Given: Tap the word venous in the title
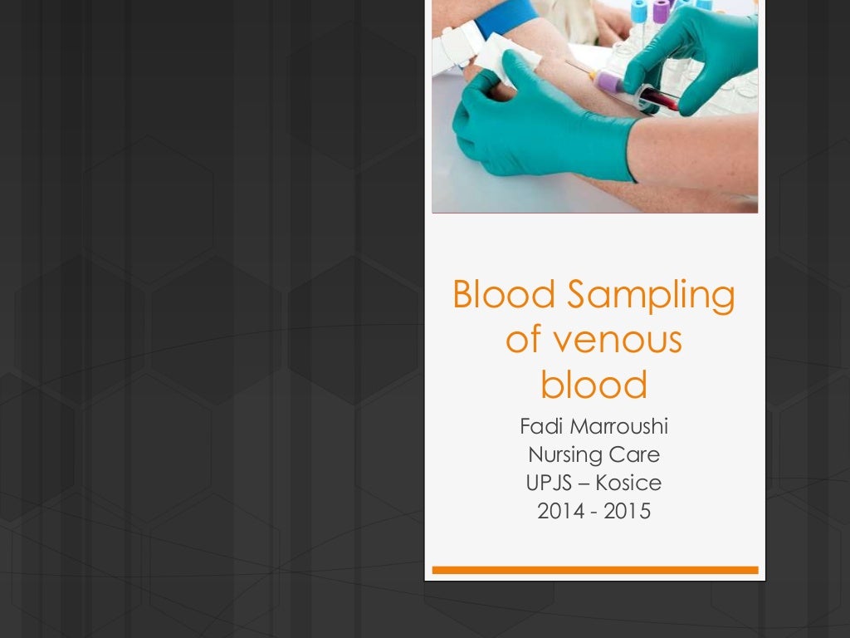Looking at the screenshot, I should click(618, 341).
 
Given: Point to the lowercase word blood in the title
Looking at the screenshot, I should click(594, 385).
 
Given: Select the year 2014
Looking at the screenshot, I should click(555, 511).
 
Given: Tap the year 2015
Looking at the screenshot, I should click(628, 511).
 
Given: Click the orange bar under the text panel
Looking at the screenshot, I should click(594, 570).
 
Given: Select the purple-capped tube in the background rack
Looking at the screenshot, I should click(661, 12).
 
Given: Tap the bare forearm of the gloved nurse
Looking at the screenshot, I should click(697, 150).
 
